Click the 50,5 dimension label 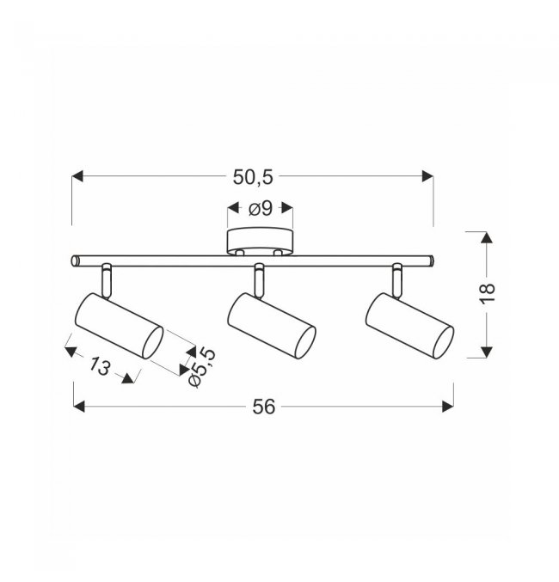point(253,177)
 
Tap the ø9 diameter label point(261,208)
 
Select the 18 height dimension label point(488,294)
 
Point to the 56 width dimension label point(264,407)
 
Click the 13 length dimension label point(99,366)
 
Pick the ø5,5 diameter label point(202,367)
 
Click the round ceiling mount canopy point(260,242)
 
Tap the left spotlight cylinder point(119,326)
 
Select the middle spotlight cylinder point(272,326)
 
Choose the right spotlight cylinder point(409,326)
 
